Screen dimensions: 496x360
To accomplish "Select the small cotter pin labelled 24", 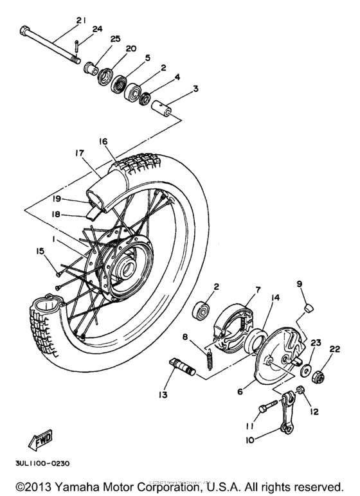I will [x=76, y=45].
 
